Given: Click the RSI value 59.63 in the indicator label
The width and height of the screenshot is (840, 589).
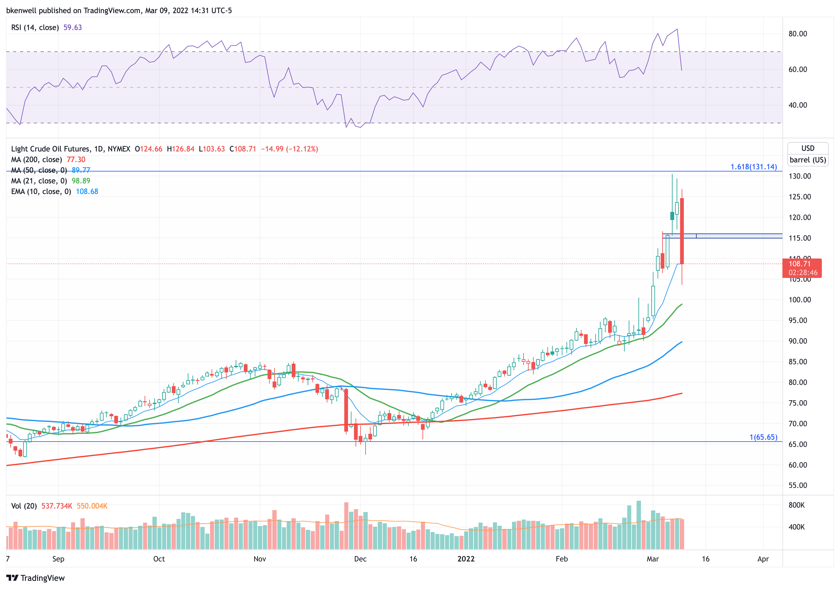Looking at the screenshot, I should pos(72,28).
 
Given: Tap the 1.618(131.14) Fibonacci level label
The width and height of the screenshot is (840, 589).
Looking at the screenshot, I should pos(753,167).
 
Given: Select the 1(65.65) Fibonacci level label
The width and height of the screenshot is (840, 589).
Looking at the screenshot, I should pos(763,437).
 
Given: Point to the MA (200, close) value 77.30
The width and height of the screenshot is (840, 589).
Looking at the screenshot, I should pos(76,160).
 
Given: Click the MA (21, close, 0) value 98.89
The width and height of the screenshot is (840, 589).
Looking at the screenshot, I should pos(81,181).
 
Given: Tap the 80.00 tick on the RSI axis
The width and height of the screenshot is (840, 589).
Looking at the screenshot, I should pos(797,34).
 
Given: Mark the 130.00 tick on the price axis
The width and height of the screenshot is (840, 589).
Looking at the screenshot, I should pos(799,176).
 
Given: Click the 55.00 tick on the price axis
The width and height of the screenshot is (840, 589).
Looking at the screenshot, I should pos(797,485).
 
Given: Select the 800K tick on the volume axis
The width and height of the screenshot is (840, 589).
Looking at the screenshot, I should pos(796,505).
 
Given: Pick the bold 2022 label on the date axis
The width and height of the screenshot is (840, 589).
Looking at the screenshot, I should pos(466,559).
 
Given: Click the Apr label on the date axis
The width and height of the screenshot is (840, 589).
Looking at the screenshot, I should pos(763,559).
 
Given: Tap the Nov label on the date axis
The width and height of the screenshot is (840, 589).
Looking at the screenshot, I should pos(260,559).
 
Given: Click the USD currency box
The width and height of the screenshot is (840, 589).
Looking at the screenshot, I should pos(808,148).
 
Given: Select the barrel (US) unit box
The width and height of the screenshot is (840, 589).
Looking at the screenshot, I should pos(808,160).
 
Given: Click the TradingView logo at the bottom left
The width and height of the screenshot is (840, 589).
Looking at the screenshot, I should pos(35,578).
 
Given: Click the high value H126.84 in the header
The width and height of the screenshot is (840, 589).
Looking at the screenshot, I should pos(180,149).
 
